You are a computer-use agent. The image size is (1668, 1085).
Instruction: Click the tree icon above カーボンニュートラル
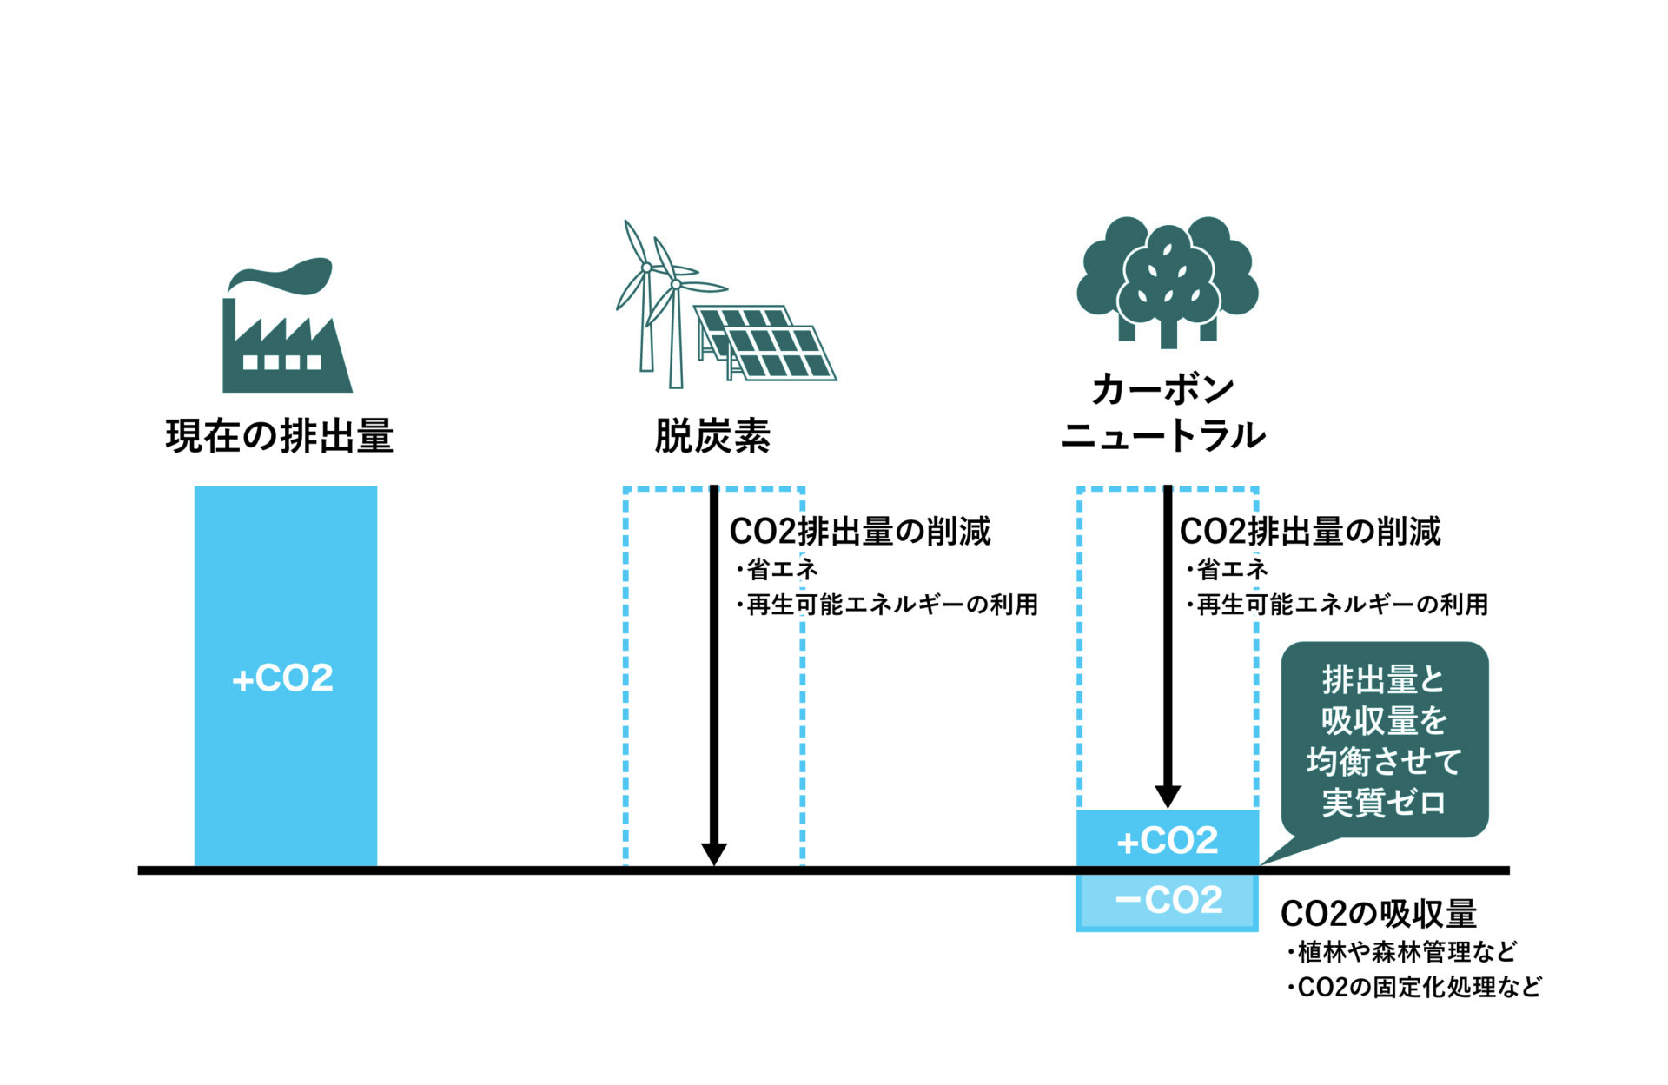1167,280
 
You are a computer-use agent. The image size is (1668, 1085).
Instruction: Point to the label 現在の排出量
280,436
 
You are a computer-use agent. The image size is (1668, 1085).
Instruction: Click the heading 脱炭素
712,436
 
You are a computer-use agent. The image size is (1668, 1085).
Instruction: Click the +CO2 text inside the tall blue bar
283,678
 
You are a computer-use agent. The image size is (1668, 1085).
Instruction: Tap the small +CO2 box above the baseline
1167,840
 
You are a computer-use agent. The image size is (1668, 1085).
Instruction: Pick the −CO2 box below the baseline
1167,901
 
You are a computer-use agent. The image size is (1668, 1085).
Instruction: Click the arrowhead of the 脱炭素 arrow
713,854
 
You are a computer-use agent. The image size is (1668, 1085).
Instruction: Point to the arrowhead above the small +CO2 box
1168,796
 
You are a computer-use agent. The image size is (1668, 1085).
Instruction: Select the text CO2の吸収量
1379,914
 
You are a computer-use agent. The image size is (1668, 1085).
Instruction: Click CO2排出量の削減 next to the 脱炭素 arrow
860,532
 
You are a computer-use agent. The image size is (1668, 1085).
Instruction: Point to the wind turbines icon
662,300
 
